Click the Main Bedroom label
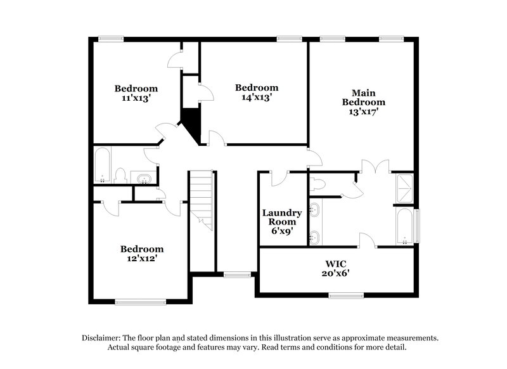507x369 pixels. click(364, 96)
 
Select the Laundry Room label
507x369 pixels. click(282, 217)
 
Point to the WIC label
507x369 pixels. click(336, 262)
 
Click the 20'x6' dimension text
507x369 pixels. click(336, 273)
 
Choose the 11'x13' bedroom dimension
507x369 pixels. click(136, 98)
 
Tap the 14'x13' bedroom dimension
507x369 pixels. click(257, 98)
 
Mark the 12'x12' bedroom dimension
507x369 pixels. click(142, 259)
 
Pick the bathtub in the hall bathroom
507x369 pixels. click(103, 165)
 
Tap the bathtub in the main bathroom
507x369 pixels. click(404, 227)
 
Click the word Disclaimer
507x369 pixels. click(103, 338)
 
